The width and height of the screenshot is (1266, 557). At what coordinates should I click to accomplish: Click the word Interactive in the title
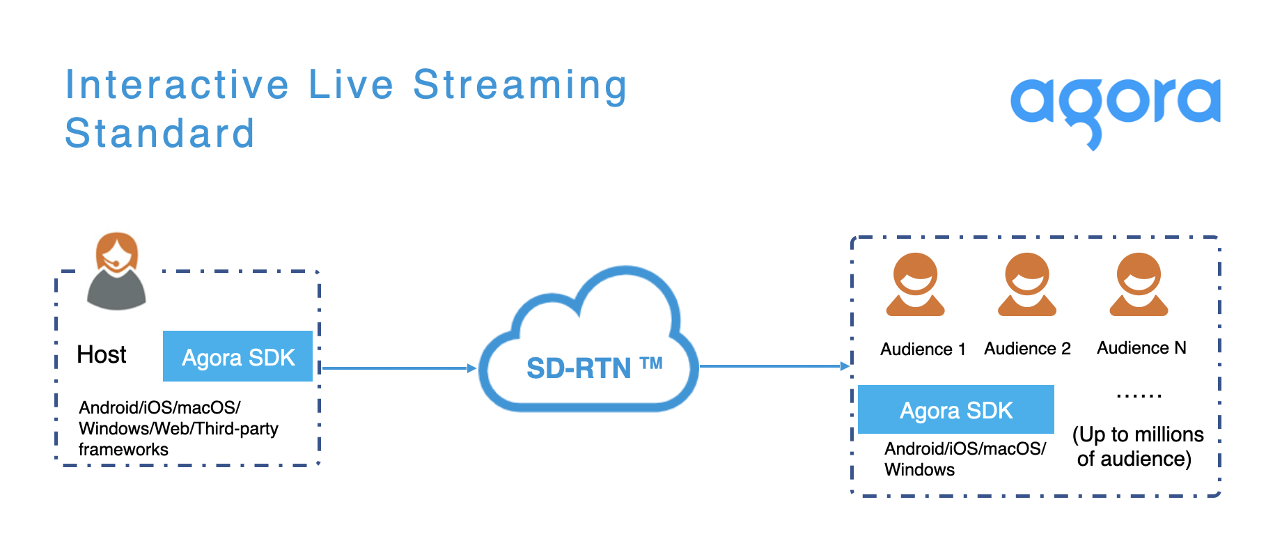tap(177, 85)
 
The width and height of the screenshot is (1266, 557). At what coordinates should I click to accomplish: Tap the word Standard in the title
tap(159, 133)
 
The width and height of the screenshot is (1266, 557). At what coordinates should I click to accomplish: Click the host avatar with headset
tap(116, 272)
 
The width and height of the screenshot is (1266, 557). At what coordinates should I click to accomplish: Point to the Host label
tap(102, 354)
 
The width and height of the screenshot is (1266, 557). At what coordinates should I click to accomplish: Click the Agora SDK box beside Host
tap(237, 356)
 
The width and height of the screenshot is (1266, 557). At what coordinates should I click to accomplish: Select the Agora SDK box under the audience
tap(955, 410)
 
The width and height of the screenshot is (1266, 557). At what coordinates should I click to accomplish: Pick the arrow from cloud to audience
tap(773, 366)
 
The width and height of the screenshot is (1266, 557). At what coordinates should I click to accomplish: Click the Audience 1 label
tap(923, 349)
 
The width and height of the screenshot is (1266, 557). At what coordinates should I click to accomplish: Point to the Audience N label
tap(1141, 347)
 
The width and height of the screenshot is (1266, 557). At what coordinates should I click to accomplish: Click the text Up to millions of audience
tap(1136, 446)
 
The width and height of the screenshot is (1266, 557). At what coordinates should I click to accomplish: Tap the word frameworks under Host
tap(123, 450)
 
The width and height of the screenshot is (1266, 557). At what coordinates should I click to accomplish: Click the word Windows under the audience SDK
tap(919, 470)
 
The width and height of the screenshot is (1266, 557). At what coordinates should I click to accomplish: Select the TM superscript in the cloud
tap(651, 363)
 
